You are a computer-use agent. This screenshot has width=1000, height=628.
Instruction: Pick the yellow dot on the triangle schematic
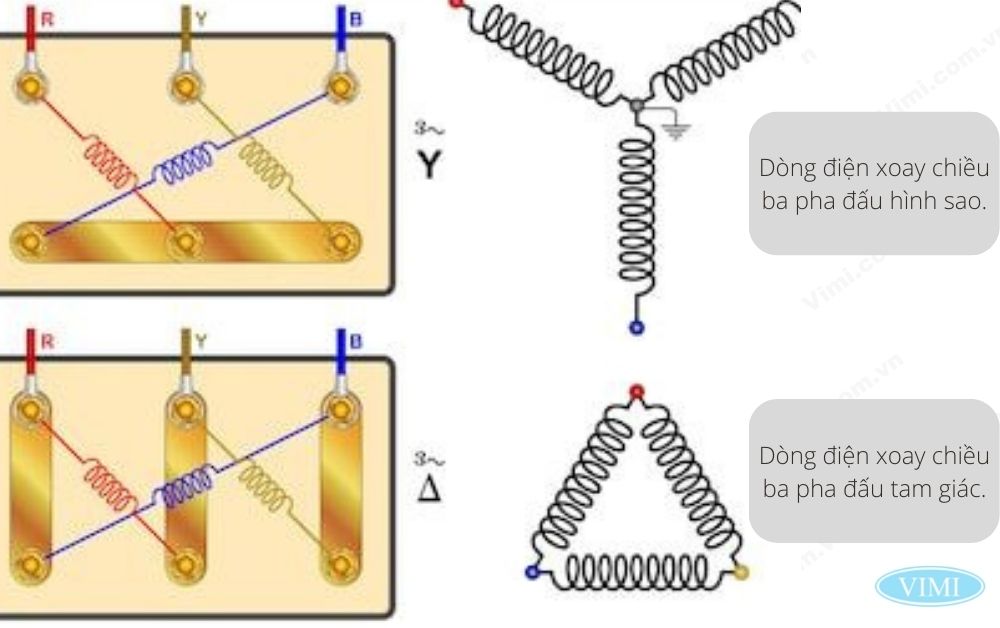(741, 573)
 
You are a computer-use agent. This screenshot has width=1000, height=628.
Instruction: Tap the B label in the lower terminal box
(354, 341)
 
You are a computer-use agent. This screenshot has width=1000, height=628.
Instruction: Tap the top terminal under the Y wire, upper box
(185, 85)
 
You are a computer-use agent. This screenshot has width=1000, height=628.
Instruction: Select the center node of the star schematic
(636, 103)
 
